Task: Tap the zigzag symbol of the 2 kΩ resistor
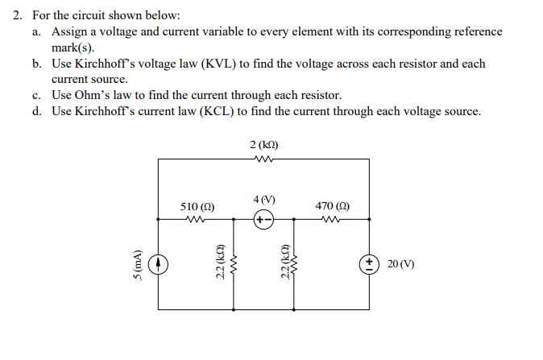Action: [263, 159]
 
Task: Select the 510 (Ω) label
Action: [197, 206]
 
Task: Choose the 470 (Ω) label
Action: [332, 206]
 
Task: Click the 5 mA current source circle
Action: [159, 263]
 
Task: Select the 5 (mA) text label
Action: [138, 264]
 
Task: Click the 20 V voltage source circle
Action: [369, 264]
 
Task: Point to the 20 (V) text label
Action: [400, 264]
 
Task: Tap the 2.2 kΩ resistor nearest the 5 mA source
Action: [234, 263]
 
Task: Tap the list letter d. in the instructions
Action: [38, 111]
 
